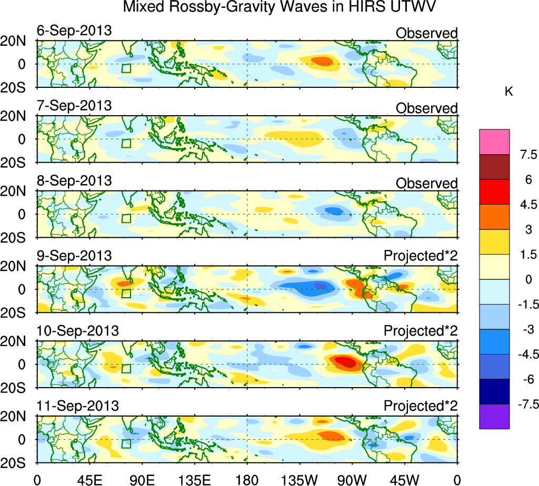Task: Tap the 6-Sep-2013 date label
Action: tap(74, 31)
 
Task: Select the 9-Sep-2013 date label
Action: tap(74, 256)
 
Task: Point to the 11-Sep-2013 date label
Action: tap(77, 406)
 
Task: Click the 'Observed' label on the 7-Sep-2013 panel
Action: tap(426, 108)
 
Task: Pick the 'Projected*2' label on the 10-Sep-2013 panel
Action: tap(421, 331)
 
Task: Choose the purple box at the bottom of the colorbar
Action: tap(494, 417)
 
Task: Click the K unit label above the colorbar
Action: tap(508, 92)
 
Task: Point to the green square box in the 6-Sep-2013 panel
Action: tap(126, 68)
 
